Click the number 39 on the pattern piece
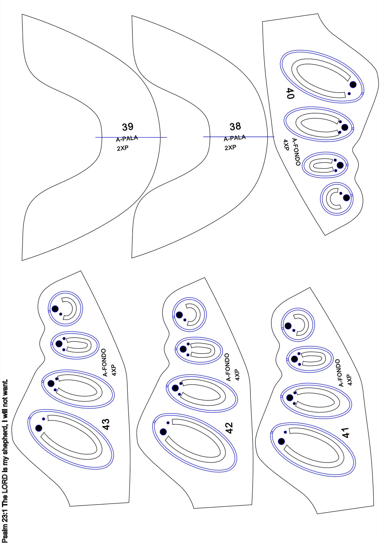127,127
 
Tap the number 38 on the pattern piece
235,126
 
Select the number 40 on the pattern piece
290,93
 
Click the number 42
229,428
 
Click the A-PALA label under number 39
127,139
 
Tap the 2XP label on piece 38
230,147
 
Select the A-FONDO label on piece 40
296,152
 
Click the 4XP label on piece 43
114,370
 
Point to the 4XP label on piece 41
350,380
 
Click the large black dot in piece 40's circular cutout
346,198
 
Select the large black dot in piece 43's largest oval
39,428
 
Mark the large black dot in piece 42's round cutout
179,315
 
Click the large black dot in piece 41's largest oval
281,441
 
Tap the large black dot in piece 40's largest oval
353,84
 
